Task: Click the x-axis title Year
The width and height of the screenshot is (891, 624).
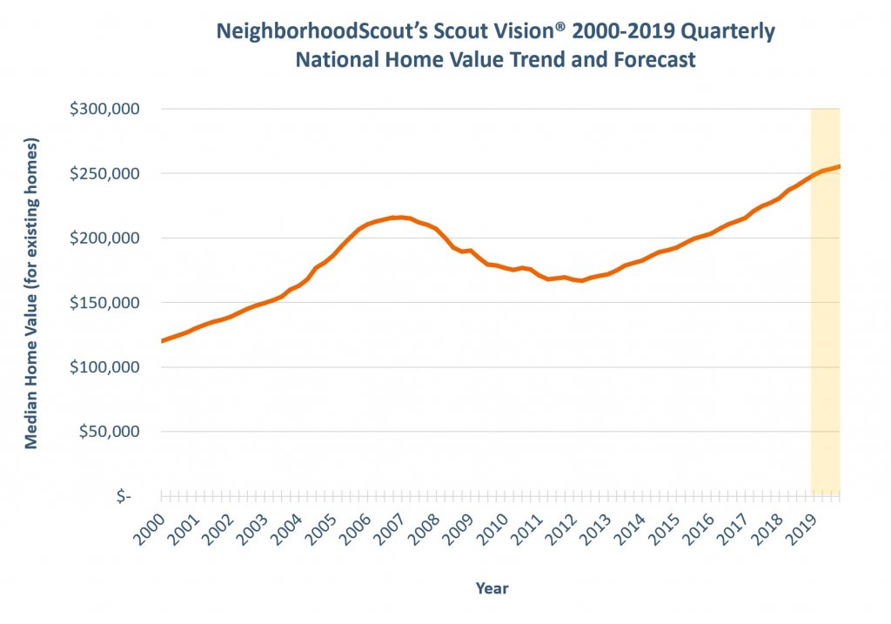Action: tap(492, 588)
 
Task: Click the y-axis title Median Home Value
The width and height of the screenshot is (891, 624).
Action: tap(31, 292)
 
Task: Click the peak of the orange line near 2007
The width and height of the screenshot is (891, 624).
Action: tap(397, 218)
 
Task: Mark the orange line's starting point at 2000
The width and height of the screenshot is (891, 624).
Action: tap(163, 341)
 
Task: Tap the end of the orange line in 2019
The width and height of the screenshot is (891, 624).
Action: tap(839, 166)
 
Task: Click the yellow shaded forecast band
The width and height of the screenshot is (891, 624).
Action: tap(825, 348)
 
